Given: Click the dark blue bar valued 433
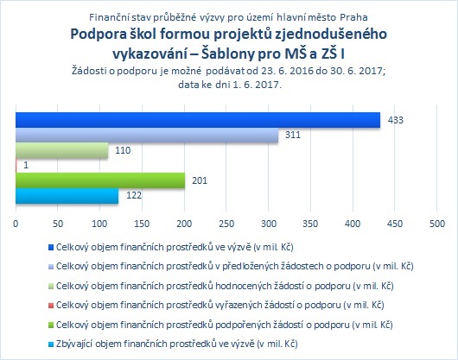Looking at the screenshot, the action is pyautogui.click(x=198, y=120).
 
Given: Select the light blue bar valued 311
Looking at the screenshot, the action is pyautogui.click(x=147, y=135).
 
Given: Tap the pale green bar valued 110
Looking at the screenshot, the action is pyautogui.click(x=61, y=150).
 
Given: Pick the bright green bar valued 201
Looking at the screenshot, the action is pyautogui.click(x=100, y=180).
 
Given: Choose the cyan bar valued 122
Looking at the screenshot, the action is pyautogui.click(x=67, y=196).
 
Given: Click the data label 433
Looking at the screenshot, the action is pyautogui.click(x=396, y=120).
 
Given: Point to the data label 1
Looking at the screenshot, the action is pyautogui.click(x=26, y=165).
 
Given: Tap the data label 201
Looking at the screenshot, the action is pyautogui.click(x=200, y=180).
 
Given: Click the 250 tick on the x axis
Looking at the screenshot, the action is pyautogui.click(x=226, y=224).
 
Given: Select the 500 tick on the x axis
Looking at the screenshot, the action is pyautogui.click(x=437, y=224).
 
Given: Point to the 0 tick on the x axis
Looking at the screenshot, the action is pyautogui.click(x=16, y=224).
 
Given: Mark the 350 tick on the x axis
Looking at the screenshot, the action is pyautogui.click(x=310, y=224).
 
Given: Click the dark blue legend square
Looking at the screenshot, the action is pyautogui.click(x=51, y=248).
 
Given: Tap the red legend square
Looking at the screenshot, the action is pyautogui.click(x=51, y=306).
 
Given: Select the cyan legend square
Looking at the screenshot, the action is pyautogui.click(x=51, y=344).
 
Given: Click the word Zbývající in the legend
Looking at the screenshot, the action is pyautogui.click(x=74, y=344).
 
